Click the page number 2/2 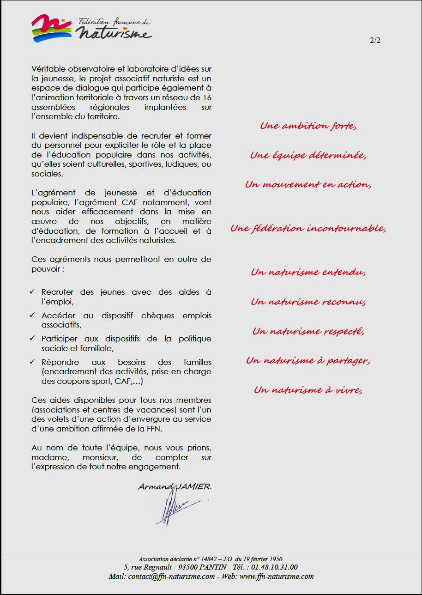375,40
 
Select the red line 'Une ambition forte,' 308,126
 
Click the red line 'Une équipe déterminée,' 308,155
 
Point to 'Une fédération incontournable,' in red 308,228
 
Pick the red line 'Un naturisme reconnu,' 308,302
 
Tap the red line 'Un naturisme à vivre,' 308,390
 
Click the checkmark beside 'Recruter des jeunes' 32,292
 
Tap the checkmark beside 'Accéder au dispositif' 32,315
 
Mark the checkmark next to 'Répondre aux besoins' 32,362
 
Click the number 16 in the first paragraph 207,97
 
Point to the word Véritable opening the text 48,68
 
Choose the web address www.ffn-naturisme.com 277,576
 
